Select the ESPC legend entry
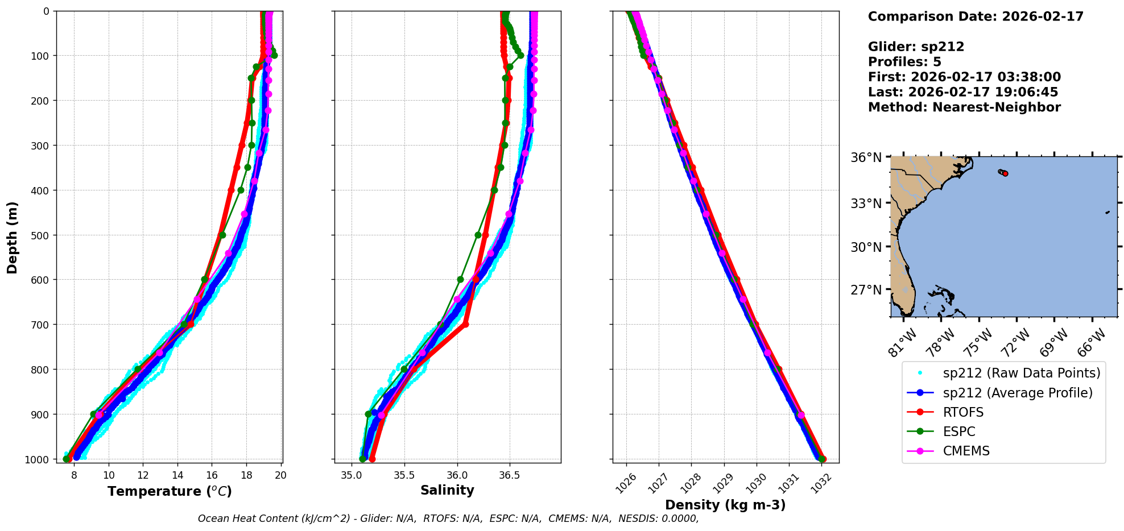coord(959,432)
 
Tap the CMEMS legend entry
coord(966,451)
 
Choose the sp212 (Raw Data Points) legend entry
coord(1021,373)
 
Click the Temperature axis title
coord(170,491)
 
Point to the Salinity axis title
coord(447,490)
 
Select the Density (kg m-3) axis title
coord(725,505)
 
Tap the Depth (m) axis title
coord(13,237)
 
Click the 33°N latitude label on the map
coord(866,204)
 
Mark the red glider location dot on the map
coord(1005,173)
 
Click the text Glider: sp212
coord(916,47)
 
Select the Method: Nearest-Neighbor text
coord(964,107)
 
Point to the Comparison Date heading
coord(976,16)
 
